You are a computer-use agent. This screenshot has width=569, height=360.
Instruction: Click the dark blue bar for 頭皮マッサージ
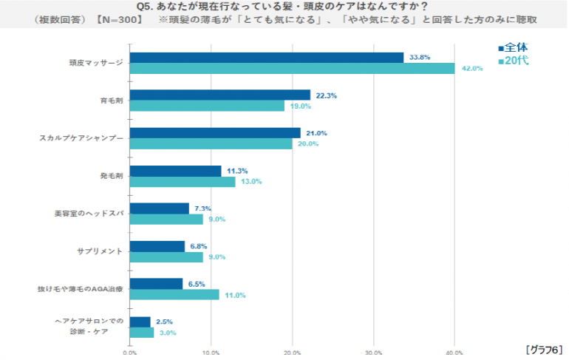tap(266, 58)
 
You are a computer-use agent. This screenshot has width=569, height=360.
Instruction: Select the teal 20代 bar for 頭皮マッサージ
tap(292, 69)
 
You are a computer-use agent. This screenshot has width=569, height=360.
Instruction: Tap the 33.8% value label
tap(419, 57)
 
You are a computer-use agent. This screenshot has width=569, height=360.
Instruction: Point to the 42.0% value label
tap(471, 69)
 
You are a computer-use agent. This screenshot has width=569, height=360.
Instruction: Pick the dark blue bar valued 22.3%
tap(219, 95)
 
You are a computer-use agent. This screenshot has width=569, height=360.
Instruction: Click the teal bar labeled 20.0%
tap(211, 143)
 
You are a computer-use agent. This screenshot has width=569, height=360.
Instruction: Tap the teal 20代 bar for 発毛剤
tap(182, 181)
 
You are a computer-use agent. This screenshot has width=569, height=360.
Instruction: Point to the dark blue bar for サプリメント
tap(157, 246)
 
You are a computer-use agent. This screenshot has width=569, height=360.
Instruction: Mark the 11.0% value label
tap(235, 295)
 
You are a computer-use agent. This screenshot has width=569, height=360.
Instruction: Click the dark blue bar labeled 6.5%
tap(155, 284)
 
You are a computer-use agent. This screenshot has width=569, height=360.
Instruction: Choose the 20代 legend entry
tap(513, 61)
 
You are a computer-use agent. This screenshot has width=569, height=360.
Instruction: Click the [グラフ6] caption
tap(545, 348)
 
